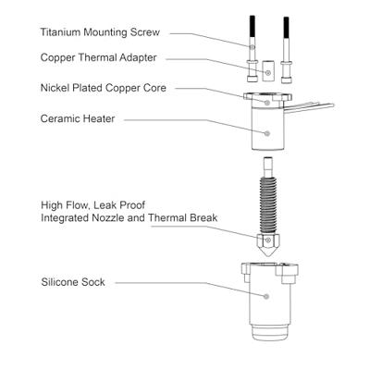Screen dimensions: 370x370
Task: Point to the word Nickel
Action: (56, 89)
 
